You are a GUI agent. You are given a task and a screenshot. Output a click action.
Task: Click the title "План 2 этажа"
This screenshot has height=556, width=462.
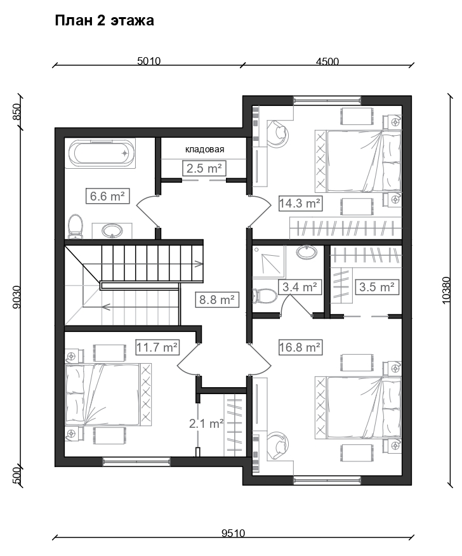(105, 21)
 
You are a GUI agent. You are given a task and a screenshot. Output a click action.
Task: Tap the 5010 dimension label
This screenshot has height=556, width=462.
(149, 61)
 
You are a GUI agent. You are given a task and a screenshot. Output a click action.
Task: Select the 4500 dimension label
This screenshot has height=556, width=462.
(327, 61)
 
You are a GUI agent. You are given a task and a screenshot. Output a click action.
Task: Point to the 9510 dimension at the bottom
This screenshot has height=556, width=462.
(234, 533)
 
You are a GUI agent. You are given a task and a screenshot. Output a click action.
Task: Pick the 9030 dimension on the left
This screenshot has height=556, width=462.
(17, 296)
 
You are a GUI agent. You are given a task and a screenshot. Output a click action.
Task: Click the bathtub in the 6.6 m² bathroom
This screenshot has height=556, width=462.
(102, 154)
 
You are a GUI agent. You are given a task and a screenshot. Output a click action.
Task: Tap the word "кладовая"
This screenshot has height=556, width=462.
(204, 150)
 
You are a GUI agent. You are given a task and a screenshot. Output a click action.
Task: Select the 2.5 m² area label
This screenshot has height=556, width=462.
(204, 168)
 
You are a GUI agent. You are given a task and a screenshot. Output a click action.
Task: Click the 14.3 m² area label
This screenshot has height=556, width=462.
(300, 203)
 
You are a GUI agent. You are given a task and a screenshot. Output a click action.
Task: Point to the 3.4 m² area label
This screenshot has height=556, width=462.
(300, 287)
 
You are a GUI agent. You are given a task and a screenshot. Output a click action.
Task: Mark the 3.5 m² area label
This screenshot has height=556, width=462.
(376, 287)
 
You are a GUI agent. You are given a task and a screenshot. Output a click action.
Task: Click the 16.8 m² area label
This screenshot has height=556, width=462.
(300, 347)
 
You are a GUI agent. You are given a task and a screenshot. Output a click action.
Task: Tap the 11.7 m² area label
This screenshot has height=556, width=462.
(157, 347)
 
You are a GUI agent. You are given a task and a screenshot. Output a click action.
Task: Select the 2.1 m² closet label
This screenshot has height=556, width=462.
(206, 423)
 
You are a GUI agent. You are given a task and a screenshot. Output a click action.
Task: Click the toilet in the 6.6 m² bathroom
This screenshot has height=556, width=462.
(76, 226)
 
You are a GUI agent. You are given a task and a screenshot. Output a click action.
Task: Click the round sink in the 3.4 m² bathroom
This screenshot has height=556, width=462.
(307, 252)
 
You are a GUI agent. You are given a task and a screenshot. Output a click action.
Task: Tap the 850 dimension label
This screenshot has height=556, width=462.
(17, 112)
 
